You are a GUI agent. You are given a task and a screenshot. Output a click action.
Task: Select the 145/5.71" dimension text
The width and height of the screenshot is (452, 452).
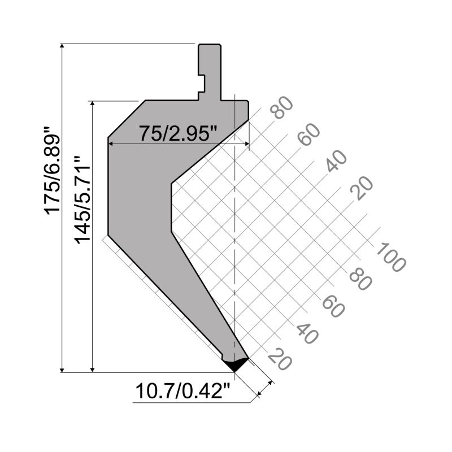click(82, 201)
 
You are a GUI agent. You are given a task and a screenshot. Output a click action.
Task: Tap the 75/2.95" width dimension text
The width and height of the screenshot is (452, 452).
click(178, 134)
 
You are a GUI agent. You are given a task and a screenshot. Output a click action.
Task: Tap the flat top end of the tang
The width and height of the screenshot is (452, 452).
click(209, 44)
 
